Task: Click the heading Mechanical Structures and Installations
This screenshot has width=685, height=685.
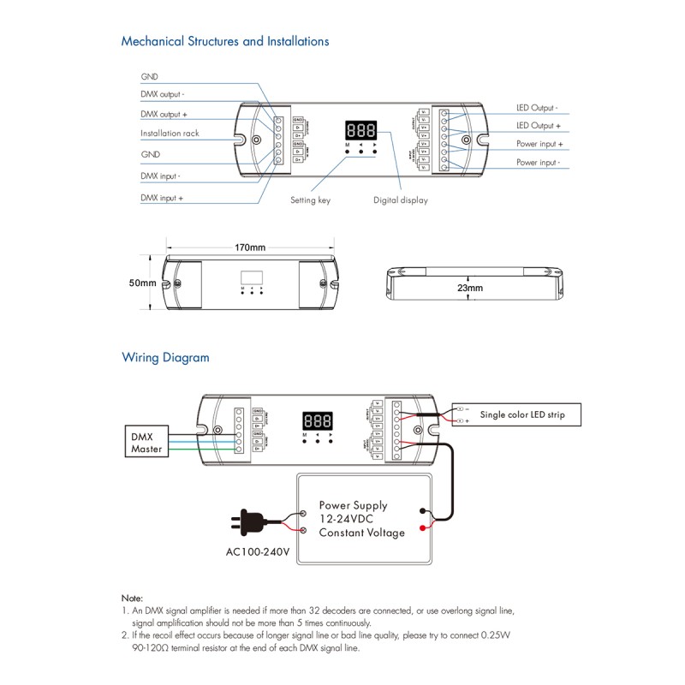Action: [x=224, y=41]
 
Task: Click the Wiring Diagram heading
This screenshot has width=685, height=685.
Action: [x=165, y=358]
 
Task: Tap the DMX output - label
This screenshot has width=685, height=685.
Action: [x=163, y=94]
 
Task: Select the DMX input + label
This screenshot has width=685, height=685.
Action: [x=163, y=198]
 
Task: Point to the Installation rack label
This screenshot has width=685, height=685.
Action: [x=170, y=134]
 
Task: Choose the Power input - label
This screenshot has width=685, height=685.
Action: [x=538, y=162]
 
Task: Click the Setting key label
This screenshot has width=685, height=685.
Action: [x=310, y=200]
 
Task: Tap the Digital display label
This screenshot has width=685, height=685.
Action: [x=400, y=200]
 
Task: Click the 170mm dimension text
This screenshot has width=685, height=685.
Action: [x=250, y=247]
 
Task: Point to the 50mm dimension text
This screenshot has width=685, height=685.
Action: [x=142, y=283]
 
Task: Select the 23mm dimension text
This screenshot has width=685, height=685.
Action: [x=469, y=289]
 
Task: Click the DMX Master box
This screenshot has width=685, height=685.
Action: [x=146, y=443]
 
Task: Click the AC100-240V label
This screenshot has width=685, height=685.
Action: [x=257, y=551]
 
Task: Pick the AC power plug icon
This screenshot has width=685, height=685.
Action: [x=247, y=521]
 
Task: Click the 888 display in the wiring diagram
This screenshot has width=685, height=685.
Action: [x=317, y=421]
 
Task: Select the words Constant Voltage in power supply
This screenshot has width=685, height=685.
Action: [x=361, y=533]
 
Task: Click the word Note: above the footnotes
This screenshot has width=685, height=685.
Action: [x=132, y=598]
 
